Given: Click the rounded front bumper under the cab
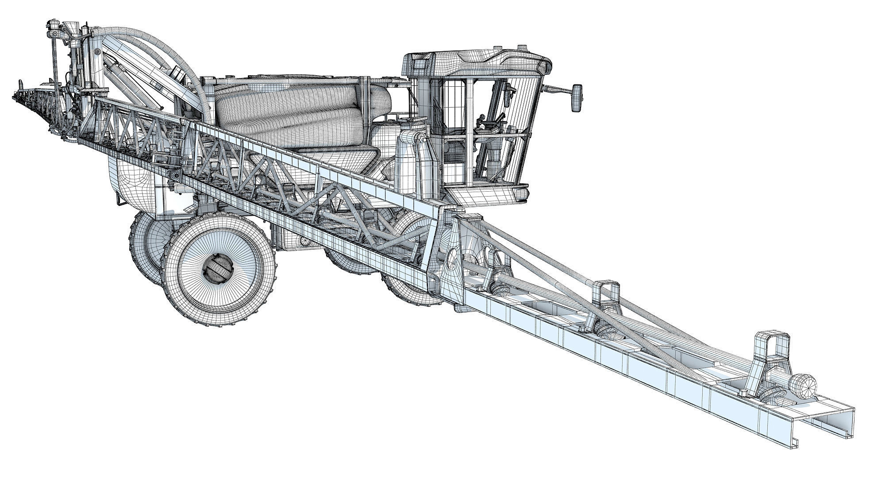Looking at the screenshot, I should pyautogui.click(x=487, y=195).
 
